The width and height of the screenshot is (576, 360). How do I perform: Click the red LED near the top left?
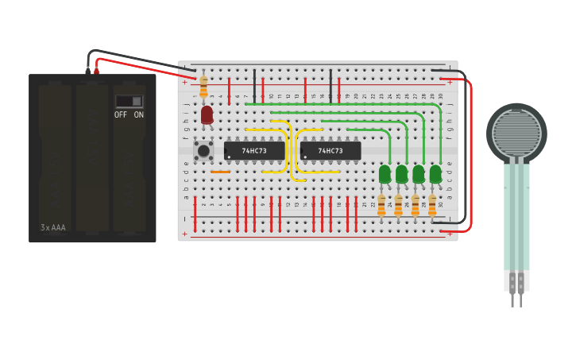(207, 114)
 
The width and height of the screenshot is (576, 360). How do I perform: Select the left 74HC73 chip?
(253, 150)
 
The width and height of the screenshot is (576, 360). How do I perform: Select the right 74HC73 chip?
(331, 150)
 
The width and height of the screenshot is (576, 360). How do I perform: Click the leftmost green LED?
(385, 172)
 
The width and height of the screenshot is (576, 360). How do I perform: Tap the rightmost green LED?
(435, 172)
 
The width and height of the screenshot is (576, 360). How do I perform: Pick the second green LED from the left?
(401, 172)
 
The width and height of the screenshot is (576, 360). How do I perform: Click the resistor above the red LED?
(203, 86)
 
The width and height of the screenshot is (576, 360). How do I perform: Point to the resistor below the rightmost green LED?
(432, 205)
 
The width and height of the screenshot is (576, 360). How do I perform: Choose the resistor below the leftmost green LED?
(381, 205)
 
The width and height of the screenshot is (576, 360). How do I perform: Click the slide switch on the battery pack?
(130, 101)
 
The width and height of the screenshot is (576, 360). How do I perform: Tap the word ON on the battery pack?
(139, 115)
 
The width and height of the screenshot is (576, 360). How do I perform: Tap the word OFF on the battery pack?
(121, 115)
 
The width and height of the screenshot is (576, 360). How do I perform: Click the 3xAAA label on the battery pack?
(53, 227)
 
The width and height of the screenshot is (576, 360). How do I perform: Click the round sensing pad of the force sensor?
(516, 133)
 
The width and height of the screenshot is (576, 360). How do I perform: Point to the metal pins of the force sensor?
(516, 299)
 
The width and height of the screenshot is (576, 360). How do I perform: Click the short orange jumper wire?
(220, 172)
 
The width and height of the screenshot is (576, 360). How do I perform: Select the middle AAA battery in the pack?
(92, 155)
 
